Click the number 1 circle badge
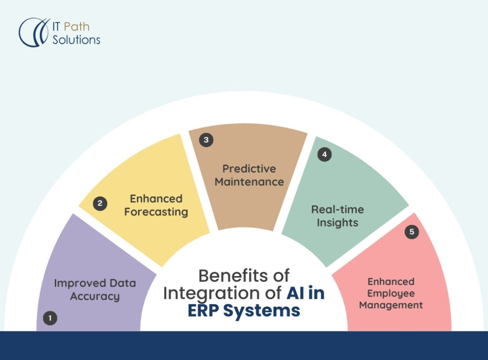click(50, 318)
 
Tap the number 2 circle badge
click(100, 204)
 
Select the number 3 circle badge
click(206, 140)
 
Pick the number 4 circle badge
click(325, 154)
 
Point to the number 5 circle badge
click(412, 232)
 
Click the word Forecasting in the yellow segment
click(156, 212)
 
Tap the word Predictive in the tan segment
click(249, 169)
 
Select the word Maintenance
click(249, 182)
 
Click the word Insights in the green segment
click(337, 223)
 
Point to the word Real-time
click(337, 210)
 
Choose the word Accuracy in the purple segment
click(95, 296)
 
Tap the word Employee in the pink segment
click(391, 293)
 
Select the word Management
click(391, 305)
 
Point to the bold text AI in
click(305, 293)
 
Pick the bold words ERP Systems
click(244, 310)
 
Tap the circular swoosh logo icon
click(34, 32)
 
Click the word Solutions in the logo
click(76, 40)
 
